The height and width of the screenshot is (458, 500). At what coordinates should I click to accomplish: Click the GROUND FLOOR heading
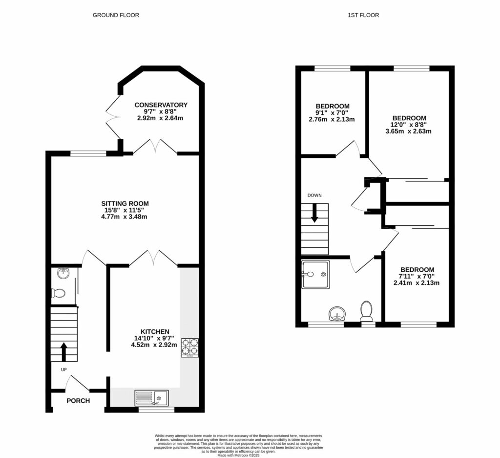pos(116,15)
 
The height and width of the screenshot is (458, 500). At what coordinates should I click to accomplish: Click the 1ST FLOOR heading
pos(363,15)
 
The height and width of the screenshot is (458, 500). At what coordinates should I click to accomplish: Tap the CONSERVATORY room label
pos(161,105)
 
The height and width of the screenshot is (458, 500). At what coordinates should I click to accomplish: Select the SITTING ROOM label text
pos(125,204)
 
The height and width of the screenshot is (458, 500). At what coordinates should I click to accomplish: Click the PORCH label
pos(78,401)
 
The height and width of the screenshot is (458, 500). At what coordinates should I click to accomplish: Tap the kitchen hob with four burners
pos(190,347)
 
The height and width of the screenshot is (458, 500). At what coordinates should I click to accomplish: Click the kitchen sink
pos(151,398)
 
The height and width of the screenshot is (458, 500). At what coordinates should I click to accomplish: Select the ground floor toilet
pos(58,293)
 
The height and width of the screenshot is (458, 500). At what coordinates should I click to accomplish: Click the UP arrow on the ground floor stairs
pos(64,350)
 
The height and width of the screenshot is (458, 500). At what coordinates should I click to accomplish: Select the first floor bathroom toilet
pos(366,310)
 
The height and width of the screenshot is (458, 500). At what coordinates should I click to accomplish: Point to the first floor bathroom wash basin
pos(336,313)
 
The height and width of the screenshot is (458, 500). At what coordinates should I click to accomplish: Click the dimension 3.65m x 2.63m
pos(409,131)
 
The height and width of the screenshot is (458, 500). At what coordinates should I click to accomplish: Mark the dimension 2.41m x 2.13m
pos(417,283)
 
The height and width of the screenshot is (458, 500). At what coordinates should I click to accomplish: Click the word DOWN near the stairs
pos(314,196)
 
